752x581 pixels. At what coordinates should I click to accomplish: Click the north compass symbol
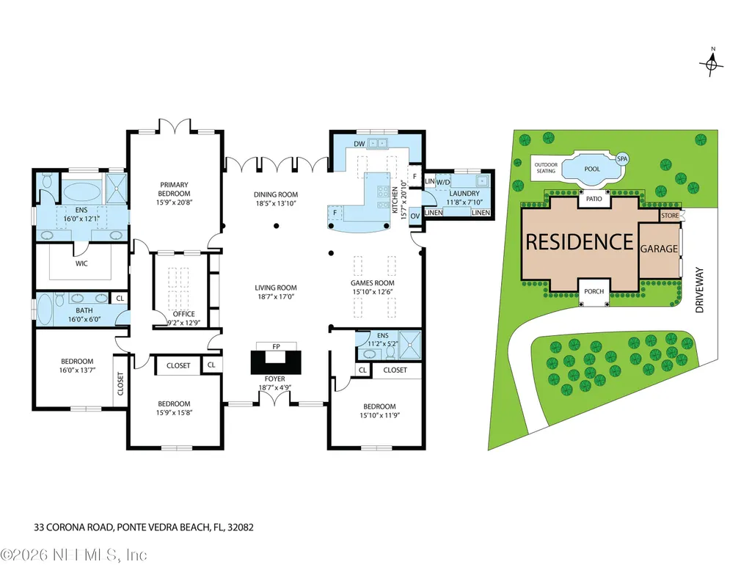712,62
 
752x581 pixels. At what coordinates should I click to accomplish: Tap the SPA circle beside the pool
622,158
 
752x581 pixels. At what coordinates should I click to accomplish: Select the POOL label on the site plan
592,169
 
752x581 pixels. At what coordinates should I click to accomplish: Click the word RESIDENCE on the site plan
580,241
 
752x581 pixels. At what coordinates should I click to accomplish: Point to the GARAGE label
659,249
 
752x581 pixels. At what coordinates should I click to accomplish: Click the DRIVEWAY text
700,290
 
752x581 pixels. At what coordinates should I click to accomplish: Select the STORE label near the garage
670,216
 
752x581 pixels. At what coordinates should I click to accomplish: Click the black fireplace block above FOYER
276,362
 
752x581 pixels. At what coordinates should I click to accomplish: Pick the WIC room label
81,263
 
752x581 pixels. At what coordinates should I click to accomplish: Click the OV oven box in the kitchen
415,216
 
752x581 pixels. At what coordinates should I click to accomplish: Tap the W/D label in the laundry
443,182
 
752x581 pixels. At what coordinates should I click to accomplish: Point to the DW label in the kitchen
359,144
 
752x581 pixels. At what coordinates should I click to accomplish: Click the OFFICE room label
184,314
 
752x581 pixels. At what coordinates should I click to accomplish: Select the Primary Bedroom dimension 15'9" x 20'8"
174,202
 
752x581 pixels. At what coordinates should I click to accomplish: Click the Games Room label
373,283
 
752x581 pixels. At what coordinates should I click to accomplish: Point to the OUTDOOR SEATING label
546,168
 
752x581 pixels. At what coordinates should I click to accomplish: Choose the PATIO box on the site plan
594,199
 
